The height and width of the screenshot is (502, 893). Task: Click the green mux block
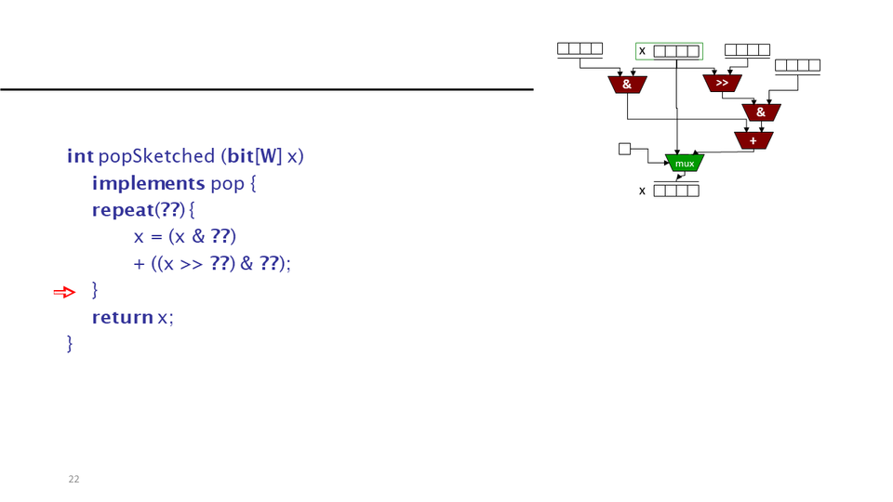pyautogui.click(x=685, y=163)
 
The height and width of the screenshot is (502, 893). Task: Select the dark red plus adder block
pyautogui.click(x=753, y=140)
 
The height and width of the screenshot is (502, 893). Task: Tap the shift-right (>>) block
pyautogui.click(x=722, y=84)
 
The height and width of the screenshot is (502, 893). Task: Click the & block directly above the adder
pyautogui.click(x=761, y=112)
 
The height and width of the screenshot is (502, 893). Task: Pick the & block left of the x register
pyautogui.click(x=627, y=85)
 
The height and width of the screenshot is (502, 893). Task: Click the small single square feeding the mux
pyautogui.click(x=624, y=148)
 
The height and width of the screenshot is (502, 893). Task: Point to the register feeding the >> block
pyautogui.click(x=747, y=49)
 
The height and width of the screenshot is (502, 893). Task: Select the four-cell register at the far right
pyautogui.click(x=797, y=65)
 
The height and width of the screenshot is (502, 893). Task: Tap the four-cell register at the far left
pyautogui.click(x=580, y=48)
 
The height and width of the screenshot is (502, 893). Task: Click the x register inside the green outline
pyautogui.click(x=675, y=51)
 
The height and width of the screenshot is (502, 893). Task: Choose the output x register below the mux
pyautogui.click(x=675, y=192)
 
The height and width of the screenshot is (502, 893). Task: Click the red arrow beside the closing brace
pyautogui.click(x=63, y=293)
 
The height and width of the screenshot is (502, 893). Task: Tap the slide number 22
pyautogui.click(x=73, y=479)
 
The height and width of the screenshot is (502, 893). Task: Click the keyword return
pyautogui.click(x=122, y=317)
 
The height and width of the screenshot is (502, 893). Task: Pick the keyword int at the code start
pyautogui.click(x=80, y=155)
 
